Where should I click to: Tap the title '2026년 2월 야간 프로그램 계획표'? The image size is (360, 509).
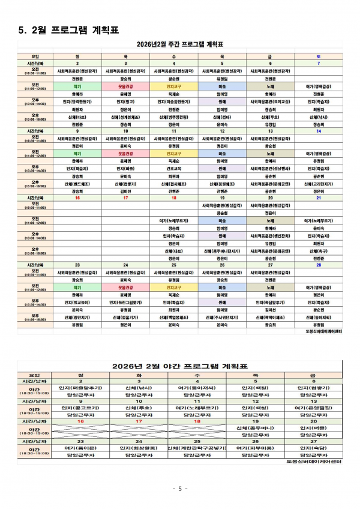(180, 366)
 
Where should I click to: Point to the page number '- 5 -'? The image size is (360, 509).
(180, 489)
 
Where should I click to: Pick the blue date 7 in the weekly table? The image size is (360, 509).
(319, 63)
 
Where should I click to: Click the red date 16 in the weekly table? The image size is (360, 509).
(77, 197)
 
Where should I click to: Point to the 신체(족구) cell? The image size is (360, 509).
(319, 251)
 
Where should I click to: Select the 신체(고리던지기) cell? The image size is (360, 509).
(319, 184)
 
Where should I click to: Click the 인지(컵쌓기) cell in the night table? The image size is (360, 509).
(313, 388)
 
